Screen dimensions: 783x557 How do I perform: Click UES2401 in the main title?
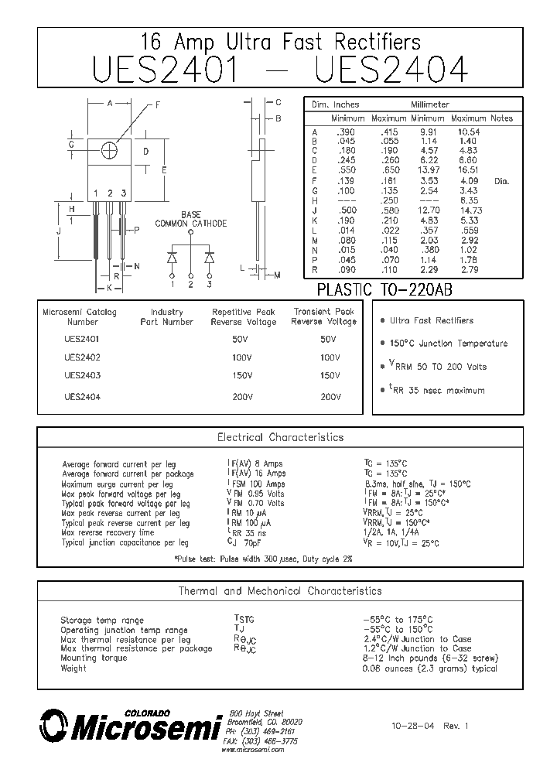tap(165, 69)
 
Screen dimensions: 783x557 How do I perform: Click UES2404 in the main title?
tap(392, 69)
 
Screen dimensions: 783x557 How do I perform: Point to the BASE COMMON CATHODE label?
tap(191, 219)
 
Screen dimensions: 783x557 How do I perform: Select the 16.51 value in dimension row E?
tap(470, 169)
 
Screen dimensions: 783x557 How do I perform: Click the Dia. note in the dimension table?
tap(501, 181)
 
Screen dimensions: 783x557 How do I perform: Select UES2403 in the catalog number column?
tap(82, 375)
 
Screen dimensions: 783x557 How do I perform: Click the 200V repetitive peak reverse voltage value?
tap(242, 397)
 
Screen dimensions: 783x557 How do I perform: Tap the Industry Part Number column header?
tap(166, 316)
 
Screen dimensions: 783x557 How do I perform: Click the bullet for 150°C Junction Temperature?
tap(382, 344)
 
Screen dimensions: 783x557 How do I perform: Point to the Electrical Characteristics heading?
tap(280, 437)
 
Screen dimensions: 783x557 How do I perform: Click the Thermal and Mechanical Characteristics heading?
tap(280, 591)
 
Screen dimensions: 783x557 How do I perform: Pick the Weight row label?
tap(73, 668)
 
